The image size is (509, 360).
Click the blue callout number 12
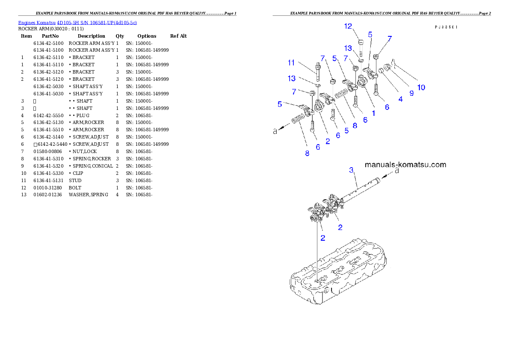pyautogui.click(x=348, y=26)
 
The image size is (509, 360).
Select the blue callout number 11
pyautogui.click(x=291, y=63)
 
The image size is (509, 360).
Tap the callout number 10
pyautogui.click(x=421, y=87)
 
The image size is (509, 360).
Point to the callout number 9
pyautogui.click(x=411, y=93)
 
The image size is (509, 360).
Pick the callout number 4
pyautogui.click(x=400, y=99)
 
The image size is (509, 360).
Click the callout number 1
pyautogui.click(x=373, y=114)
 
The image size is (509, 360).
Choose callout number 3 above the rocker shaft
pyautogui.click(x=352, y=170)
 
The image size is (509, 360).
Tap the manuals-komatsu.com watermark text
pyautogui.click(x=405, y=165)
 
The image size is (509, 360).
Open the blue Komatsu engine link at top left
pyautogui.click(x=77, y=22)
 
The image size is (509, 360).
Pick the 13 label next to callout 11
pyautogui.click(x=292, y=79)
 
